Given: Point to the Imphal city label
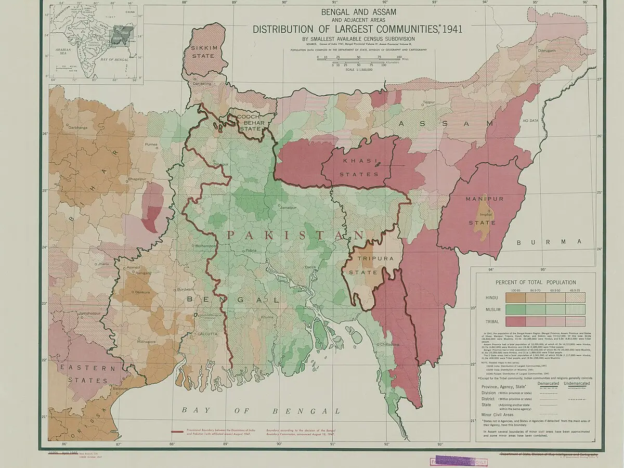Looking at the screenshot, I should pyautogui.click(x=486, y=214).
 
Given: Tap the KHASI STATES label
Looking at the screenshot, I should pyautogui.click(x=359, y=167).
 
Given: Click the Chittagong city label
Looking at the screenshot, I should pyautogui.click(x=389, y=344).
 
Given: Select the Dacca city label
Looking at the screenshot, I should pyautogui.click(x=310, y=267).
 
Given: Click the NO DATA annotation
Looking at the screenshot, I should pyautogui.click(x=530, y=121).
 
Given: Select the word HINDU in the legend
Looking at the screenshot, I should pyautogui.click(x=491, y=297).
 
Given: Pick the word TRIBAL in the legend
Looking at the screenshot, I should pyautogui.click(x=491, y=321).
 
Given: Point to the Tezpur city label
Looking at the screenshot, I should pyautogui.click(x=428, y=102).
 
